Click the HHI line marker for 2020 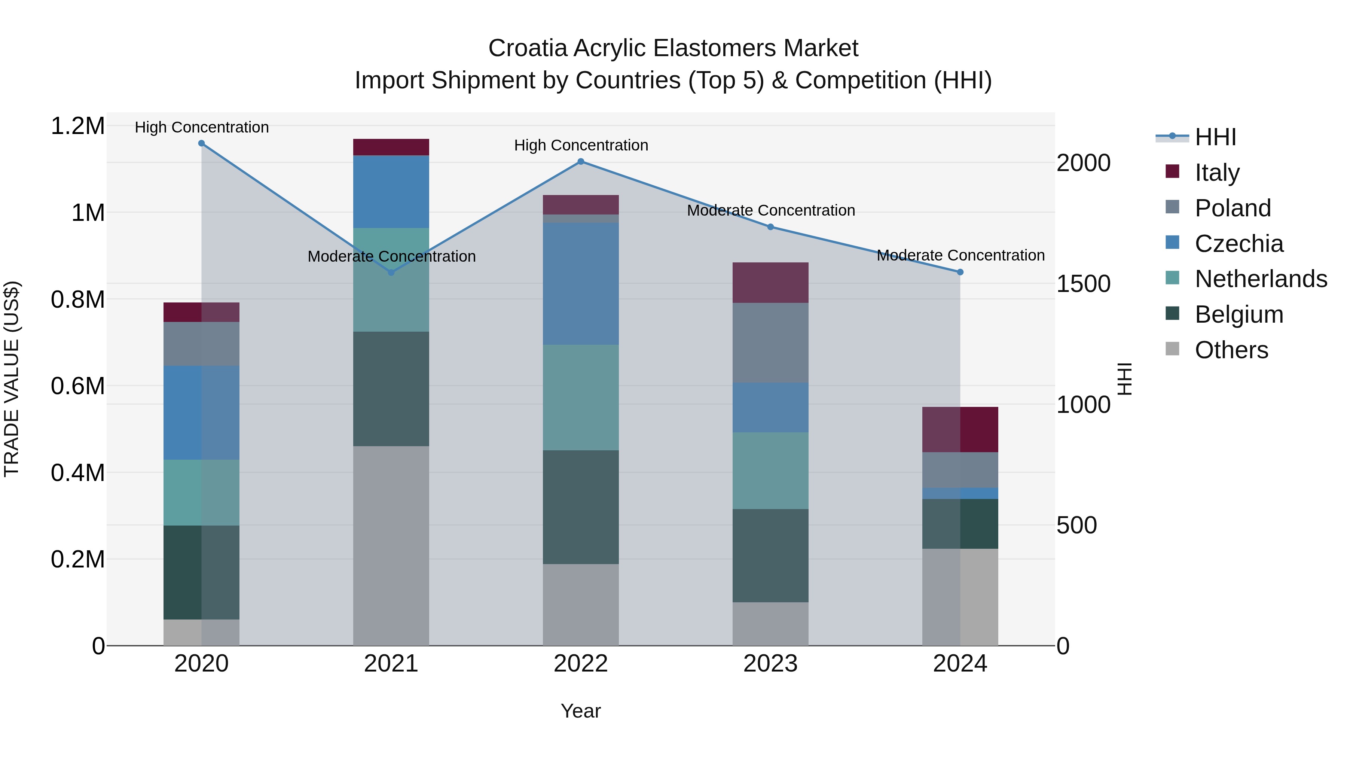coord(201,143)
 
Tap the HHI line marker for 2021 coord(391,273)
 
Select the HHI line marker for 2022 coord(580,162)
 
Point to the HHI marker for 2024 coord(960,272)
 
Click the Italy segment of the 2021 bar coord(391,147)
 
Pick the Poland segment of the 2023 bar coord(770,343)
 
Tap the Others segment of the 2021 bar coord(391,546)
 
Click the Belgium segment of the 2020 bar coord(201,572)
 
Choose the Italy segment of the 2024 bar coord(960,429)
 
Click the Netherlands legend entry coord(1261,279)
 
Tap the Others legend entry coord(1231,350)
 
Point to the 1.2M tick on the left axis coord(77,126)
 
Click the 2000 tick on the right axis coord(1083,163)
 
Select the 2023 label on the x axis coord(770,664)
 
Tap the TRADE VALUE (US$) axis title coord(12,379)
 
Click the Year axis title coord(580,711)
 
